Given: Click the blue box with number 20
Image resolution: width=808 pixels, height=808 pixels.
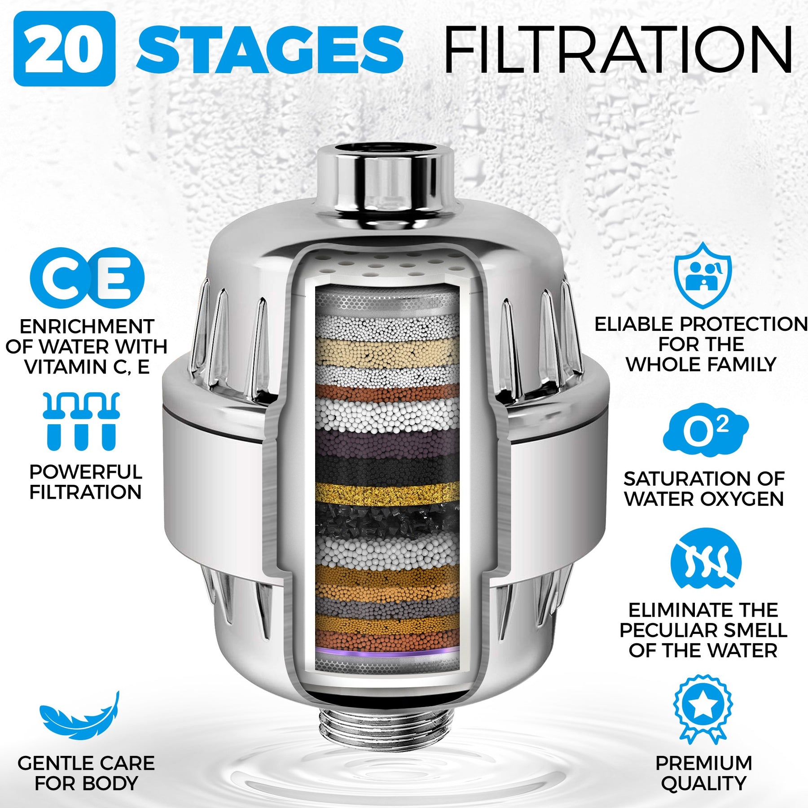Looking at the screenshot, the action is click(x=65, y=48).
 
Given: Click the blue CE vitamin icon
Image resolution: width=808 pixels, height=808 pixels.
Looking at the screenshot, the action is click(x=87, y=278).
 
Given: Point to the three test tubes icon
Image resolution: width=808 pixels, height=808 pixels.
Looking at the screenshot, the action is click(x=81, y=421).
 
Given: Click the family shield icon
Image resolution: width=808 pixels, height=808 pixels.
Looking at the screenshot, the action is click(x=703, y=275).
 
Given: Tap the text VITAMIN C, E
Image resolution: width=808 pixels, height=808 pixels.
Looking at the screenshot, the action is click(x=87, y=367).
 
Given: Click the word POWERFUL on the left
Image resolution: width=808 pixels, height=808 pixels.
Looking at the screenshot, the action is click(x=86, y=472).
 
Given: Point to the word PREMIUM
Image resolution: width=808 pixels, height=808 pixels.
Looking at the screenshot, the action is click(x=703, y=763).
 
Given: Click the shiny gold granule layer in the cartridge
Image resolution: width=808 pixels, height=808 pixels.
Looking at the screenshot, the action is click(x=387, y=494).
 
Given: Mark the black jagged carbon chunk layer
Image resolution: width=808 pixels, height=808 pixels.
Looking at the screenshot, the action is click(x=387, y=521).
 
